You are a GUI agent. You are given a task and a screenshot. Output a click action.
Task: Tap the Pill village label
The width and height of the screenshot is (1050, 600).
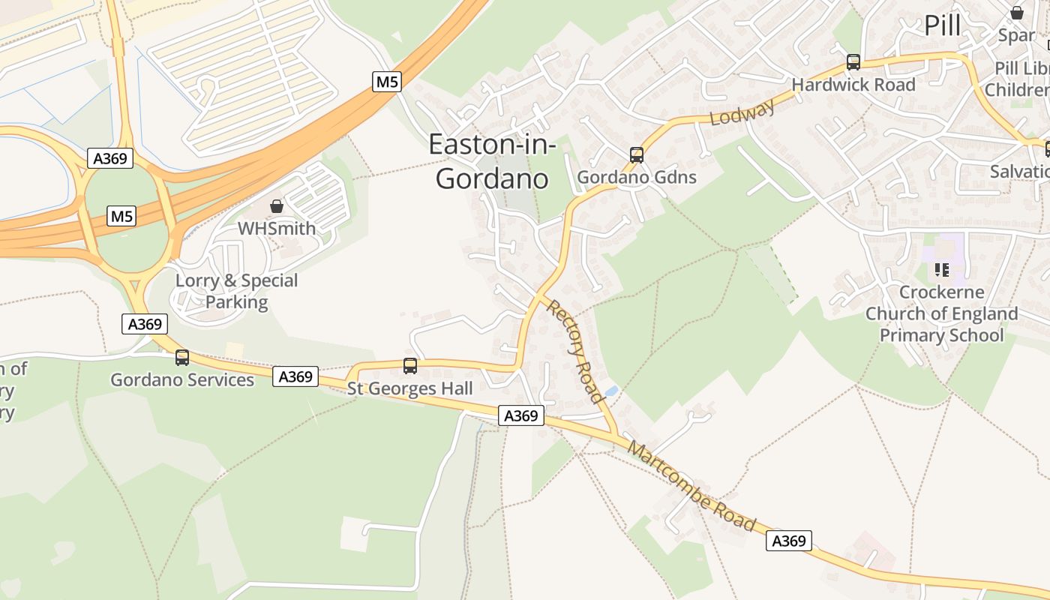tap(942, 25)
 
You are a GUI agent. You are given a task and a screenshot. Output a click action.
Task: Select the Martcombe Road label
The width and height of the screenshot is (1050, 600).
tap(691, 486)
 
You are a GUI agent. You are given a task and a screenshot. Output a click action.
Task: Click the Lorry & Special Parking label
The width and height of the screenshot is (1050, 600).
tap(236, 291)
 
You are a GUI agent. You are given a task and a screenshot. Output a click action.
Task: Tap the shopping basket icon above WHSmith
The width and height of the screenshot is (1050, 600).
tap(277, 205)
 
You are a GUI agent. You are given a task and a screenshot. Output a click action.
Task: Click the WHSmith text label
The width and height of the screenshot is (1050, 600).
tap(277, 228)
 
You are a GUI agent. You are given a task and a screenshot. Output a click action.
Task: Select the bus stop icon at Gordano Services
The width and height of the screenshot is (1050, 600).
tap(182, 358)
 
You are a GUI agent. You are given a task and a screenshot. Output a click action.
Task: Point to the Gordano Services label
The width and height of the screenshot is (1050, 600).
tap(182, 379)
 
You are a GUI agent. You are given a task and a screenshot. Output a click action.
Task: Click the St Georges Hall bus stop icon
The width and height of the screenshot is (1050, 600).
tap(410, 366)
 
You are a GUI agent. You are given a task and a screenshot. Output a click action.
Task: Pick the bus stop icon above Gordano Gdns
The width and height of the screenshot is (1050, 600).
tap(637, 155)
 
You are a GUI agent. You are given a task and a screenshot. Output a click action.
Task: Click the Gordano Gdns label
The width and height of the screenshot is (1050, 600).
tap(637, 178)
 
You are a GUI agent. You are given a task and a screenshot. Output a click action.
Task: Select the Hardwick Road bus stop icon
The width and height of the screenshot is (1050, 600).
tap(853, 62)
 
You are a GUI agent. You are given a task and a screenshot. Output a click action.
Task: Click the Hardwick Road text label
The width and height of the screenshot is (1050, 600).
tap(853, 85)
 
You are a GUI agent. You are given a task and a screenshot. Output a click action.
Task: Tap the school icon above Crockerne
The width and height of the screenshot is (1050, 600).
tap(941, 269)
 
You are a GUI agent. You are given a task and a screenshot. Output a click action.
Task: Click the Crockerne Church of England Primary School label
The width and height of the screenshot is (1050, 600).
tap(941, 313)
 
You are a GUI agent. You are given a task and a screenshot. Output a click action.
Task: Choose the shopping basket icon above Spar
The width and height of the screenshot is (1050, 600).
tap(1017, 13)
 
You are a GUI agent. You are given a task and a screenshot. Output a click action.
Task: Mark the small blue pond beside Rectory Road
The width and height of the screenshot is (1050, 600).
tap(611, 391)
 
